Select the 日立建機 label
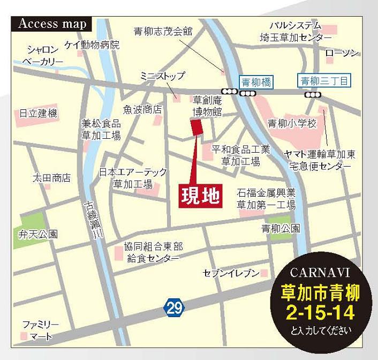point(38,114)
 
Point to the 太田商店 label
point(51,177)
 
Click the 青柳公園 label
point(281,229)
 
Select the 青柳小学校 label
point(292,124)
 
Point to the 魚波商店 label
point(142,109)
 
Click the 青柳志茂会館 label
point(163,32)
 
